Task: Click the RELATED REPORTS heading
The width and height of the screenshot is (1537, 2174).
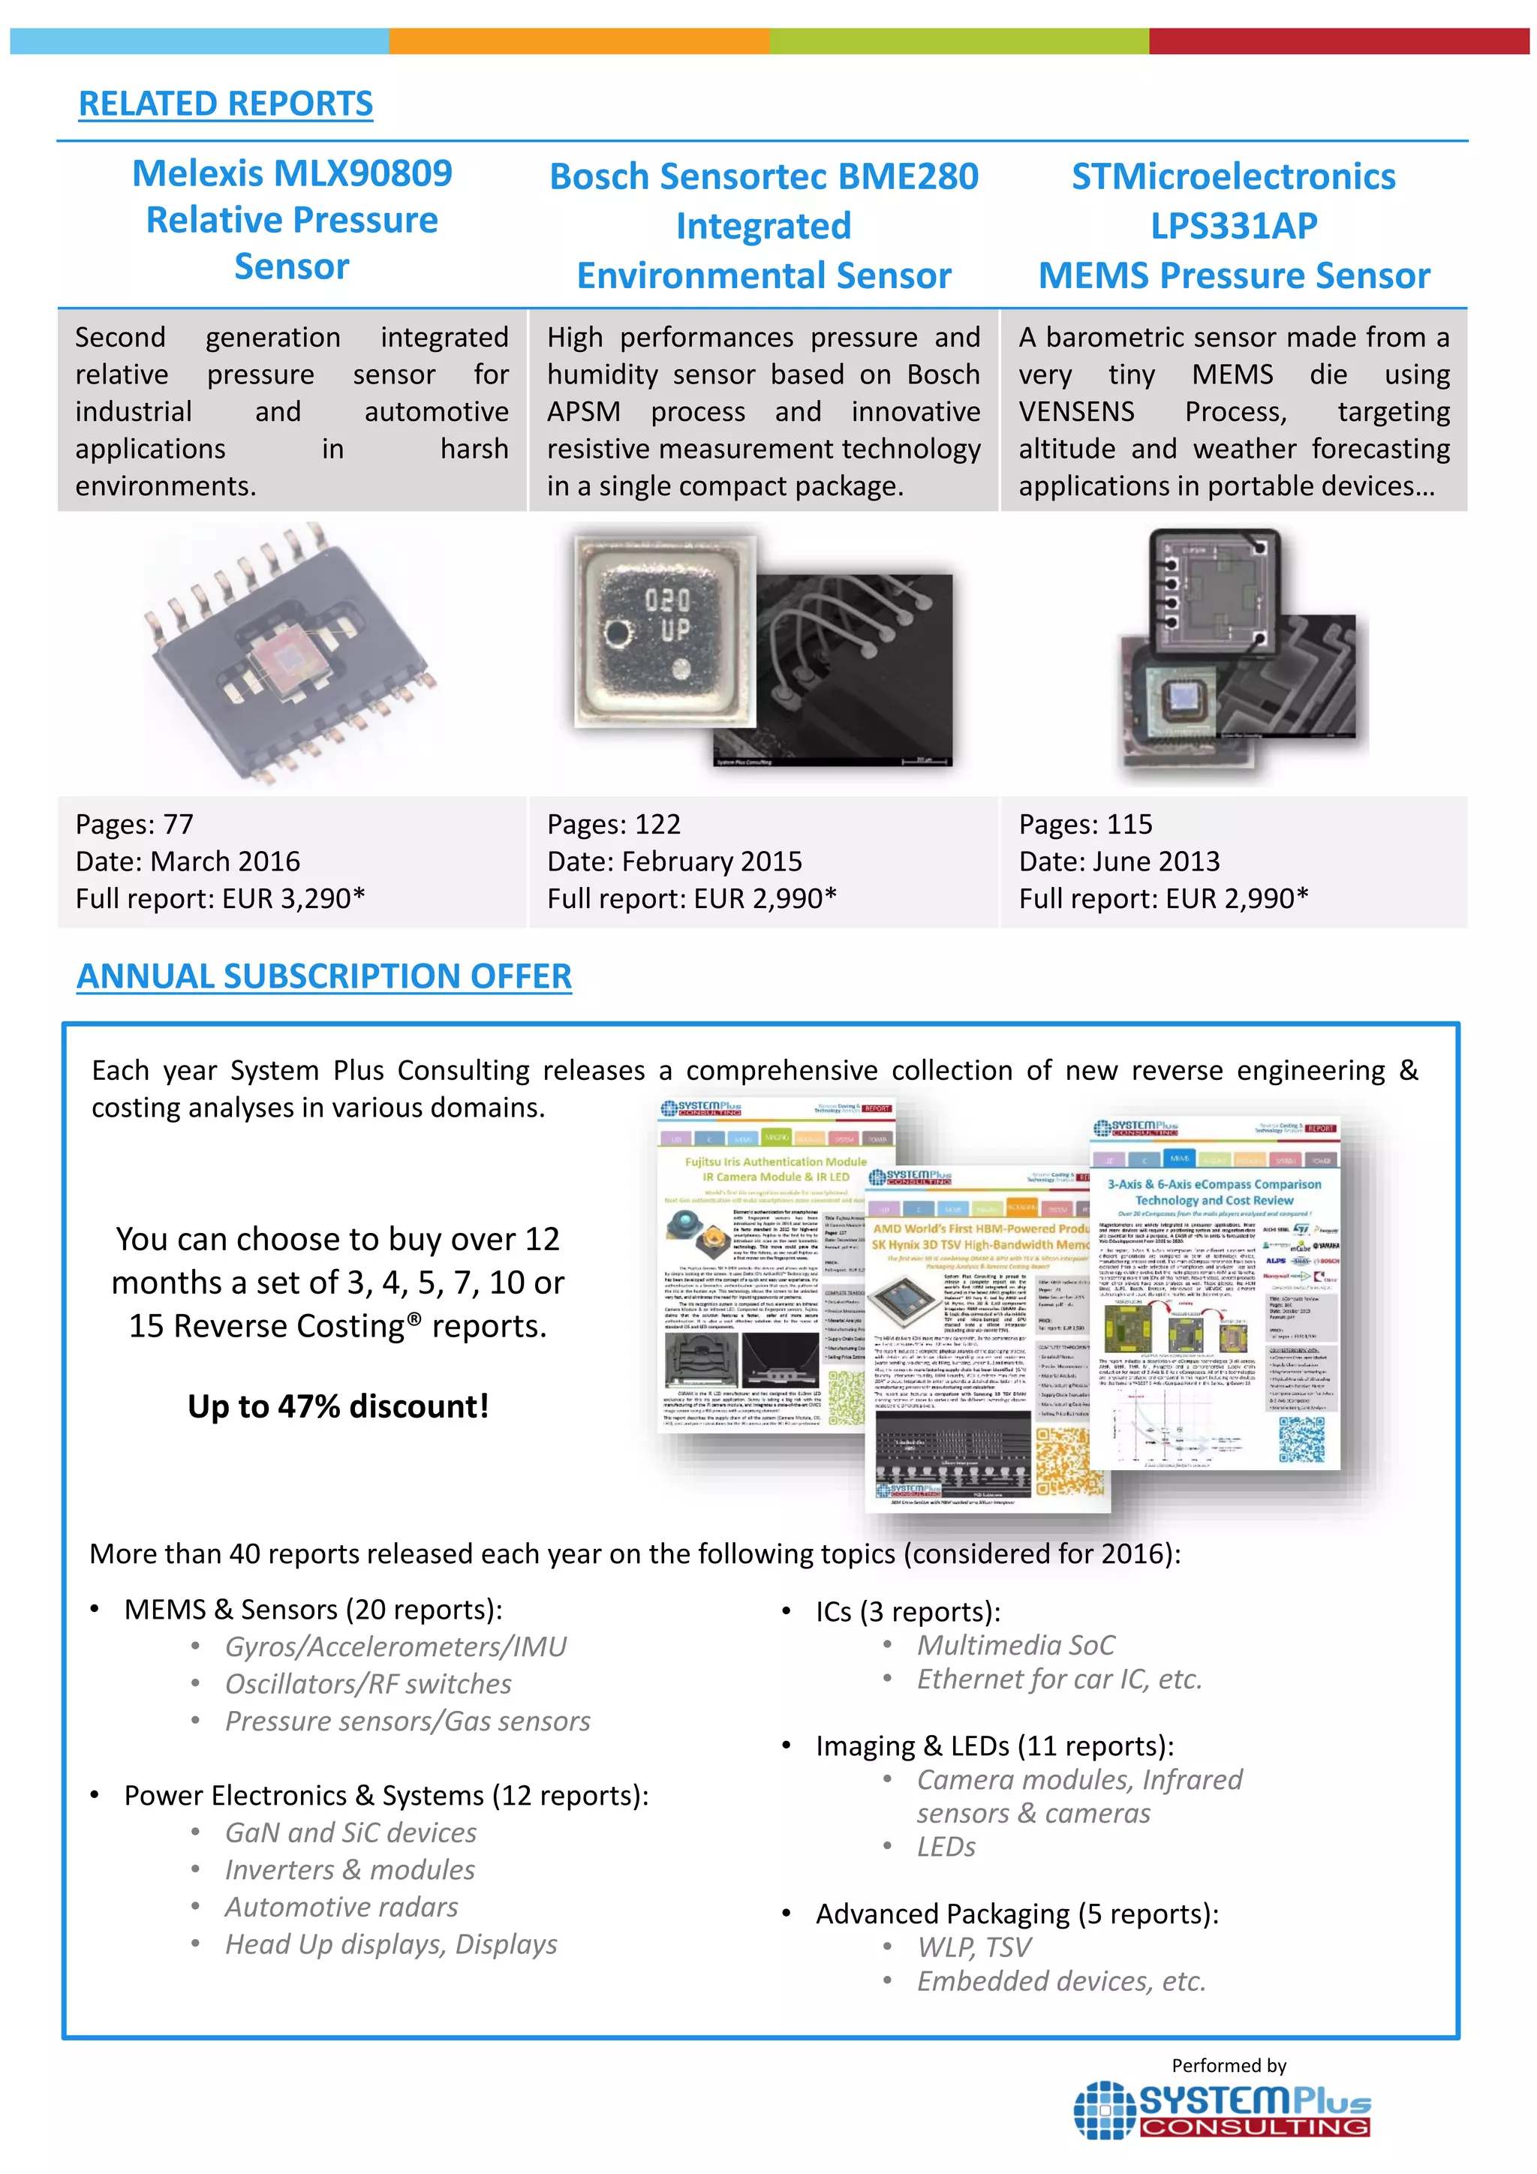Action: click(x=225, y=104)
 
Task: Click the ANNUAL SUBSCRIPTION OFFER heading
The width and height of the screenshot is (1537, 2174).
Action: click(x=324, y=976)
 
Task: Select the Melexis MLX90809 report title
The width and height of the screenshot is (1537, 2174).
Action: click(x=292, y=174)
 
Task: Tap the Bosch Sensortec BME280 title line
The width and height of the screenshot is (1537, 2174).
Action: click(x=763, y=177)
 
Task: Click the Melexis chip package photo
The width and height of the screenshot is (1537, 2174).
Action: click(x=290, y=654)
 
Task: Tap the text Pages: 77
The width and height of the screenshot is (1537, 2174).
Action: click(x=134, y=825)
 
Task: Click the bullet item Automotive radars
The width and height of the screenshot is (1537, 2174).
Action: click(x=341, y=1907)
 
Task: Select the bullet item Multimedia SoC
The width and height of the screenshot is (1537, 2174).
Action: click(x=1015, y=1646)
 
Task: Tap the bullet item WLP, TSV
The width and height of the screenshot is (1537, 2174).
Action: click(x=973, y=1947)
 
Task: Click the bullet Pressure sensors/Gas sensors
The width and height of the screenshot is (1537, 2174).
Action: click(x=408, y=1721)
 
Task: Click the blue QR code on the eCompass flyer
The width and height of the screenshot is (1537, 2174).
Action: click(x=1301, y=1440)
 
